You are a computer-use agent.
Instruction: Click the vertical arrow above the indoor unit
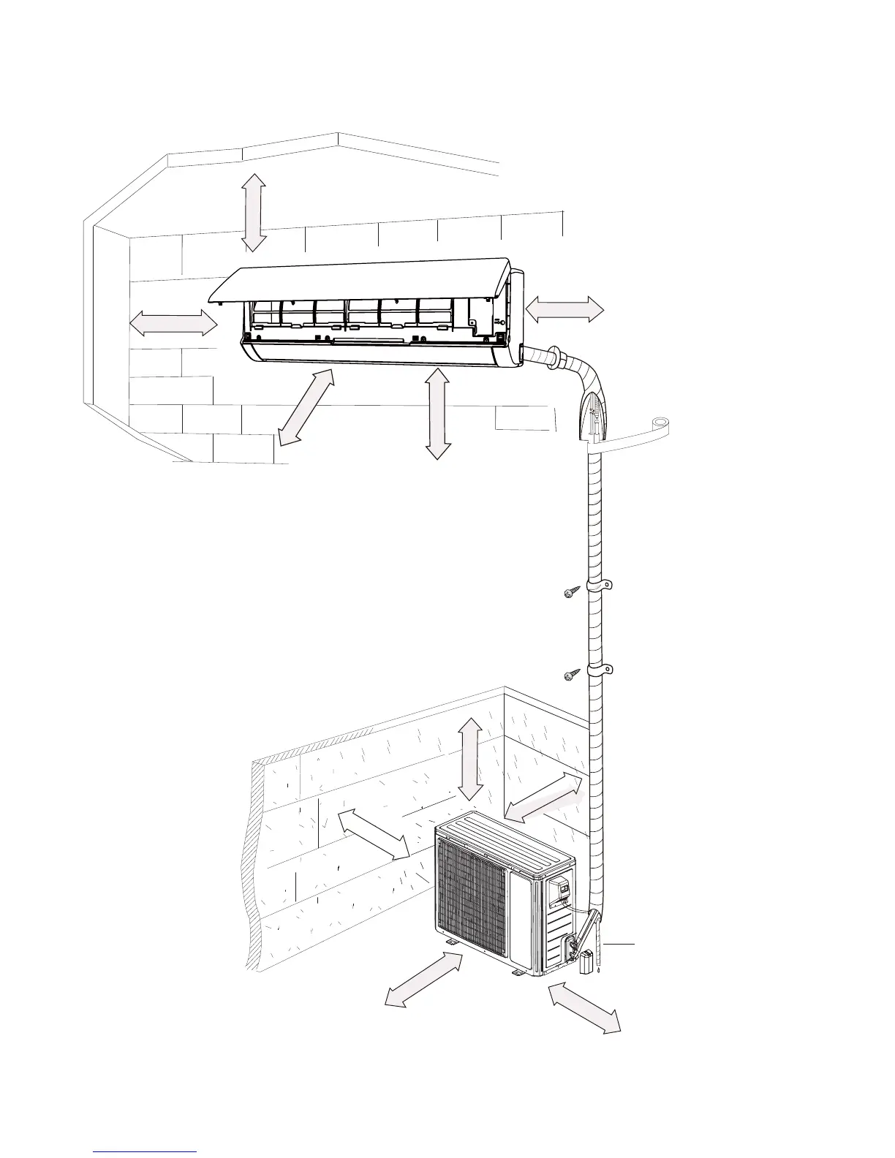coord(254,212)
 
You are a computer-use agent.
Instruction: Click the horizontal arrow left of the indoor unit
coord(174,322)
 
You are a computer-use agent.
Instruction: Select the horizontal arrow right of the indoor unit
coord(564,311)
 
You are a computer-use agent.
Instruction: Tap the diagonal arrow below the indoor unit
coord(306,407)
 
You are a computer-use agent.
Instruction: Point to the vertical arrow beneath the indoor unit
coord(437,413)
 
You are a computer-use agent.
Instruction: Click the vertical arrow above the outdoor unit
coord(469,758)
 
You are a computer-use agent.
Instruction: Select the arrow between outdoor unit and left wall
coord(373,833)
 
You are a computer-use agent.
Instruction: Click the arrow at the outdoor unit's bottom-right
coord(584,1007)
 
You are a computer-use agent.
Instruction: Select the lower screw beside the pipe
coord(573,675)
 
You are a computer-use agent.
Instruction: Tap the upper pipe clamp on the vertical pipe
coord(600,586)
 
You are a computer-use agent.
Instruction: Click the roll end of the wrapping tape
coord(661,423)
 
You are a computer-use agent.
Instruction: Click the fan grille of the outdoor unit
coord(472,898)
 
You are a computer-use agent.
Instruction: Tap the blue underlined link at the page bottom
coord(146,1151)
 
